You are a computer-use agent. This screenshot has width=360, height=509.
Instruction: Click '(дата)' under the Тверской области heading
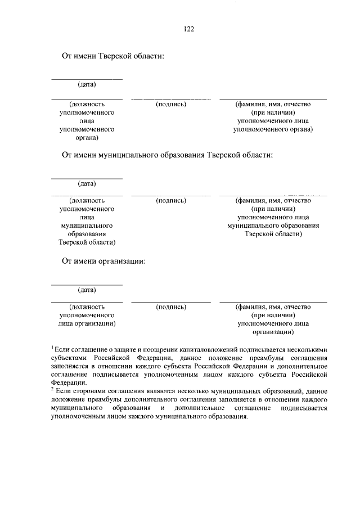point(87,85)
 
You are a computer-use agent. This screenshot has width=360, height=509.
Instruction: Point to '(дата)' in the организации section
point(87,290)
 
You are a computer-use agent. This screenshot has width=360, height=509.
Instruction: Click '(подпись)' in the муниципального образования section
point(171,200)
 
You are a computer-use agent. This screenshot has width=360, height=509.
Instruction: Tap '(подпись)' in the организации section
point(171,307)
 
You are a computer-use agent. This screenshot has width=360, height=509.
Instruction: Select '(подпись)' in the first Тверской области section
point(171,104)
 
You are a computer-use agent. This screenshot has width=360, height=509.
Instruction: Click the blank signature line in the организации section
point(171,302)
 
